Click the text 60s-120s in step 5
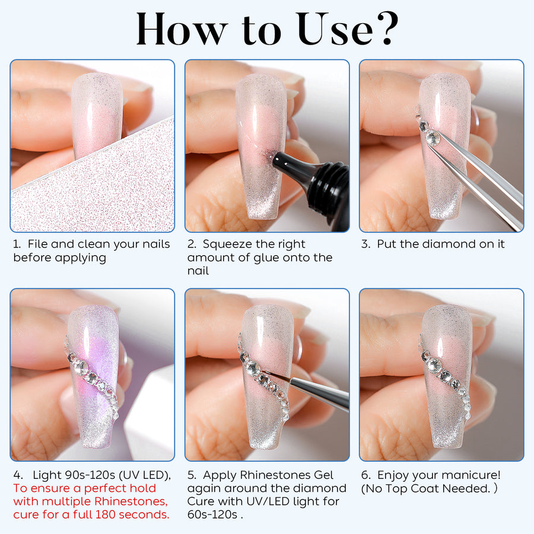click(214, 514)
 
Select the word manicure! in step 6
click(472, 475)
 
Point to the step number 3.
click(365, 244)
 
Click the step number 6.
click(365, 475)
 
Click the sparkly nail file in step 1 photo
click(89, 190)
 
